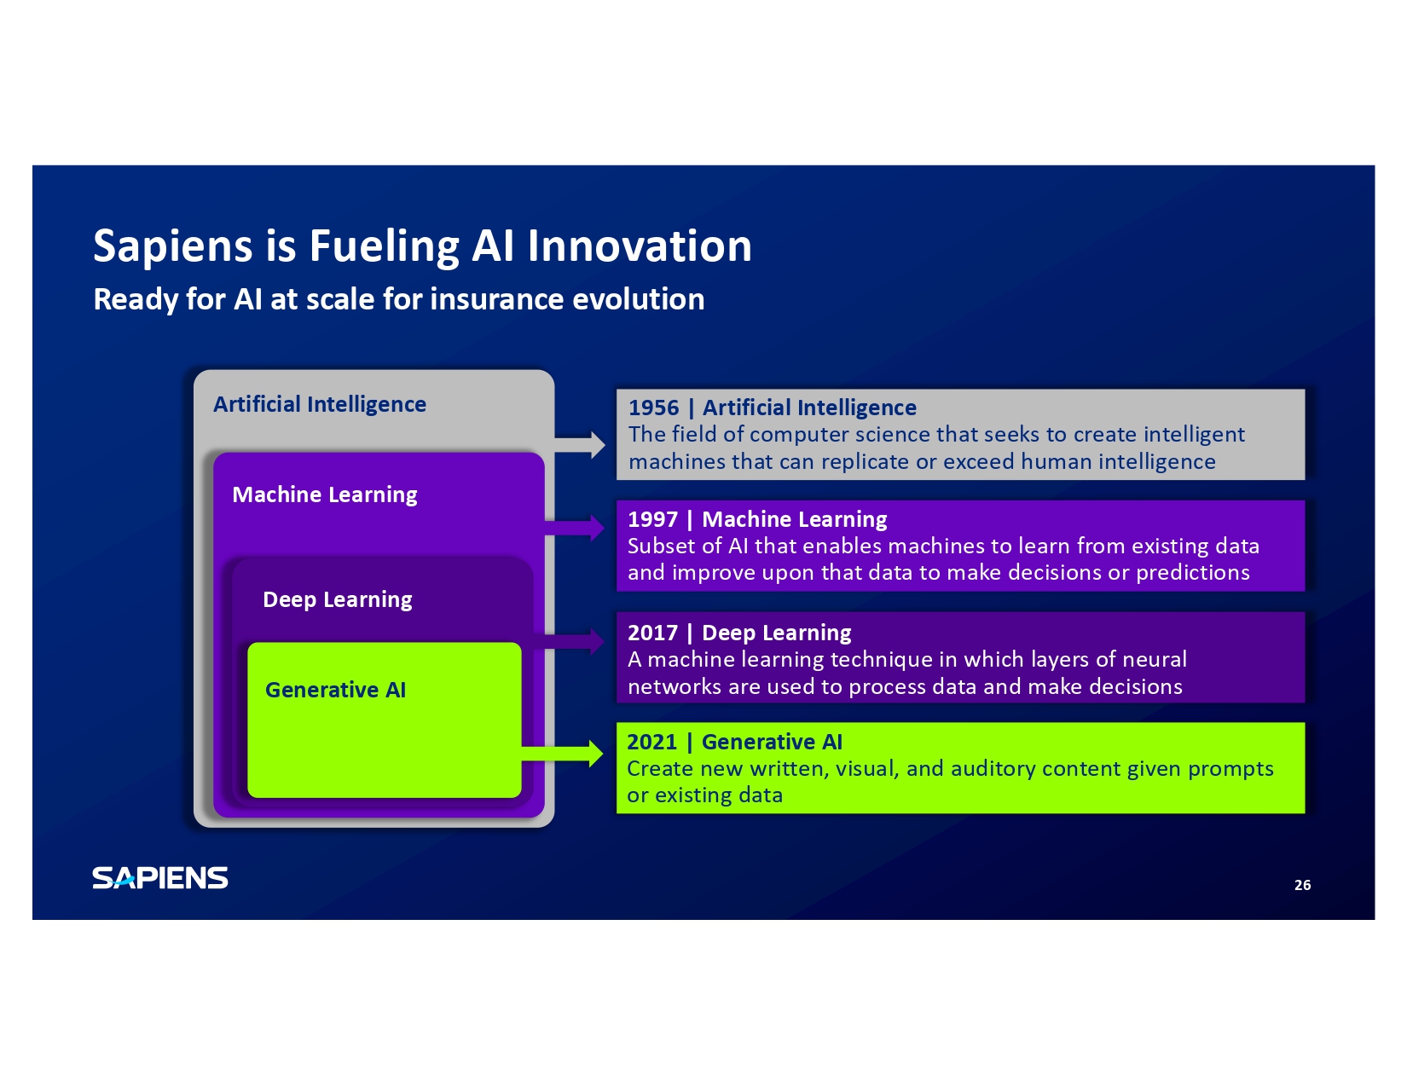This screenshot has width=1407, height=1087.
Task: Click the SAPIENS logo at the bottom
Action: tap(160, 878)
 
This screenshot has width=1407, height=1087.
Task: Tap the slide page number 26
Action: tap(1302, 885)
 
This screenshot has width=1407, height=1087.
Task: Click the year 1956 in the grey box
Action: tap(653, 408)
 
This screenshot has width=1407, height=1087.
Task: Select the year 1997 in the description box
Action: tap(652, 519)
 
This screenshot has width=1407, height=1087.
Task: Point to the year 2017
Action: tap(652, 633)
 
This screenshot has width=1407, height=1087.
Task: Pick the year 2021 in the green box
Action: tap(652, 742)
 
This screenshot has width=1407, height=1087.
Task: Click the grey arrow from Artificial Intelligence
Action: tap(580, 445)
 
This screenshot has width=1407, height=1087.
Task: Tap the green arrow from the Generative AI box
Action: tap(563, 754)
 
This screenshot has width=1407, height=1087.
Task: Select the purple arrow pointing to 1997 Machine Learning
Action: tap(575, 528)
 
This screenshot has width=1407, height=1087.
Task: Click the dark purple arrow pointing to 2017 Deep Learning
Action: tap(569, 641)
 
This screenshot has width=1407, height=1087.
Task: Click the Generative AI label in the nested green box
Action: tap(335, 690)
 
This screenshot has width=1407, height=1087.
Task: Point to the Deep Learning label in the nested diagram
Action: tap(338, 600)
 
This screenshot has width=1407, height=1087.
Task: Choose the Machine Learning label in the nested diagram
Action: tap(324, 495)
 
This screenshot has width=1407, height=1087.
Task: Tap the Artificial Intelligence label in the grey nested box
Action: tap(320, 405)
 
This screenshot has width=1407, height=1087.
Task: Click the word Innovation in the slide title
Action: tap(639, 246)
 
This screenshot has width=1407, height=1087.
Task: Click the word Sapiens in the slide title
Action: tap(173, 247)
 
